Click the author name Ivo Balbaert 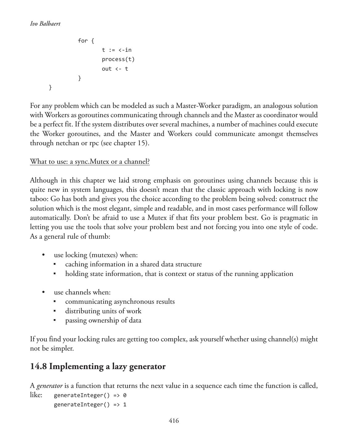(x=45, y=24)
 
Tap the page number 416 (x=174, y=421)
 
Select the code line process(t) (x=118, y=59)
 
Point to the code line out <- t (x=115, y=69)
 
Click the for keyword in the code (x=83, y=41)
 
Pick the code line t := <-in (x=117, y=50)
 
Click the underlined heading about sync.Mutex (x=90, y=162)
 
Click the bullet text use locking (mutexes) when (x=96, y=255)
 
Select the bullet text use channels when (x=82, y=292)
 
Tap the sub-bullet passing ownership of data (x=103, y=320)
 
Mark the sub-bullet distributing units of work (x=103, y=311)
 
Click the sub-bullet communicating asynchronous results (x=120, y=302)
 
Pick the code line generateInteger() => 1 (x=90, y=405)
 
